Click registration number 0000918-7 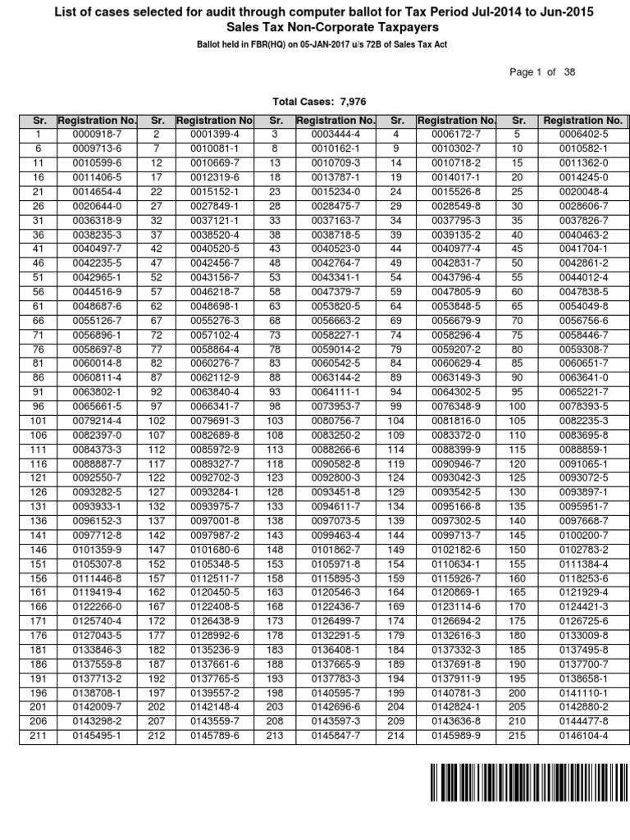coord(86,134)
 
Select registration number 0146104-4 coord(582,736)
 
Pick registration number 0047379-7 coord(331,291)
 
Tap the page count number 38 coord(569,72)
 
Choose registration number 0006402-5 coord(582,134)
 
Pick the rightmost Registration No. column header coord(582,121)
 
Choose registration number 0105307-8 coord(86,567)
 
